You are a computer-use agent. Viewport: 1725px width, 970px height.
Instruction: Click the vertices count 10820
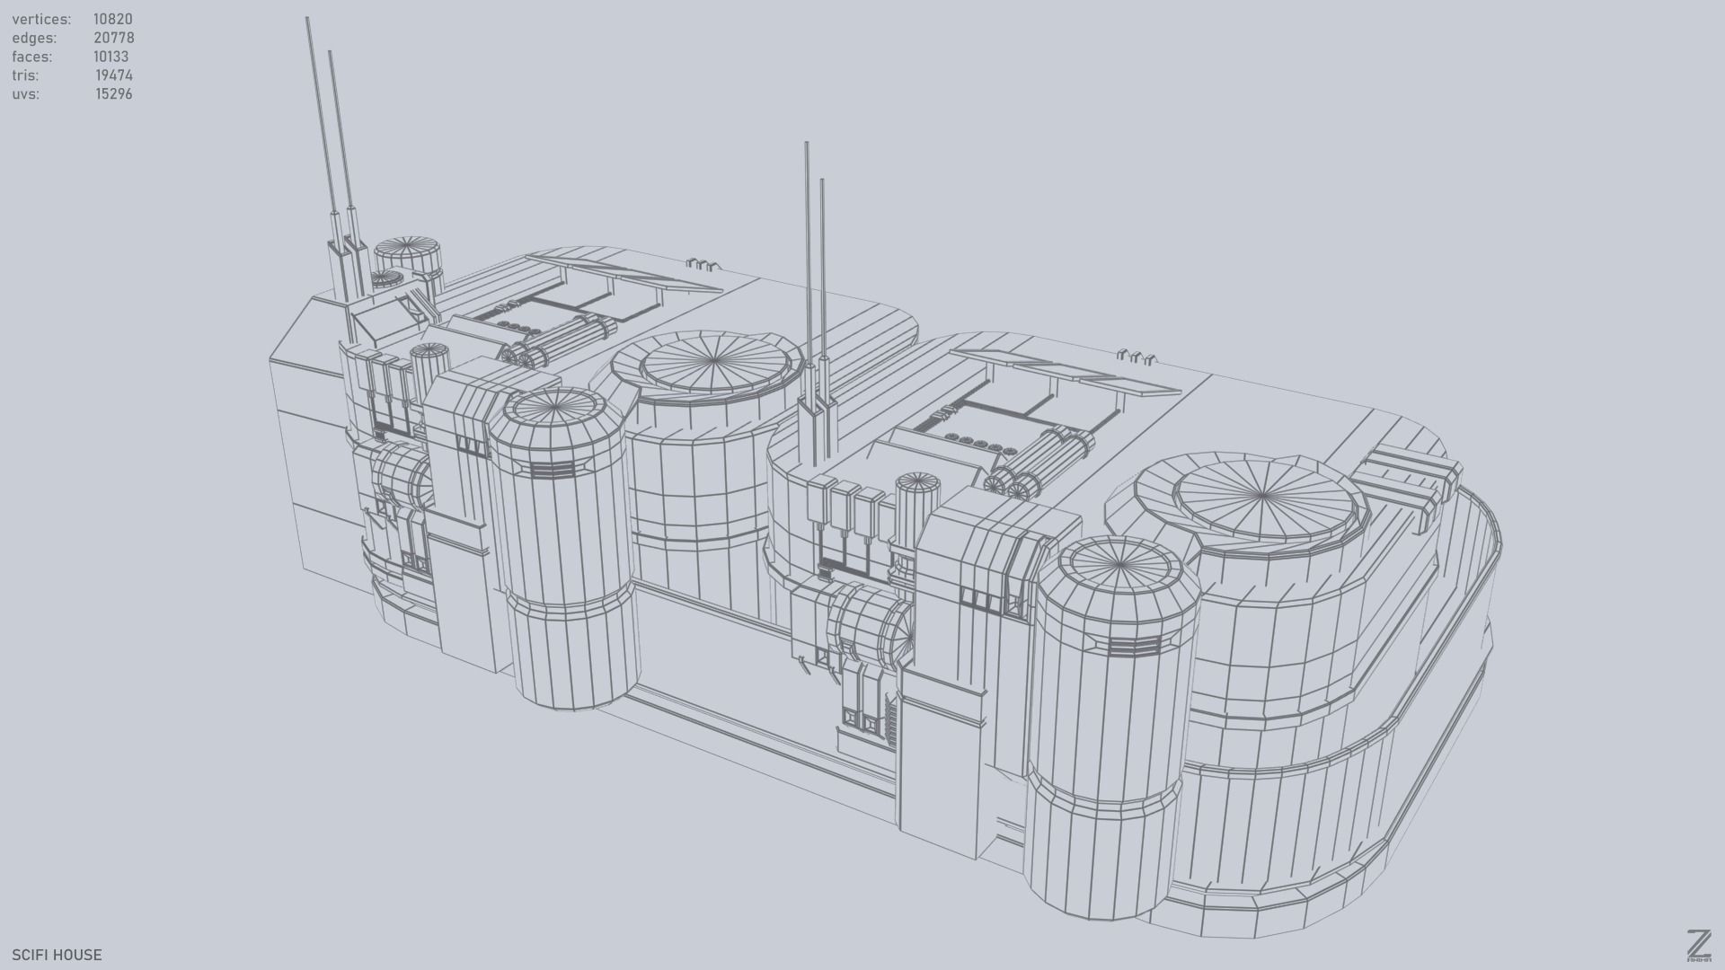[x=112, y=19]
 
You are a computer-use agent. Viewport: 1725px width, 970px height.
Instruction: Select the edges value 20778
[x=113, y=38]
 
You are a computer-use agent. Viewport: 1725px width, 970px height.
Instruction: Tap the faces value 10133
[x=111, y=57]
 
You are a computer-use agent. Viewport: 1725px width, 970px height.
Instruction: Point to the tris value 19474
[x=113, y=75]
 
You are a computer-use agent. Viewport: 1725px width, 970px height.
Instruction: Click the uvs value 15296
[x=113, y=94]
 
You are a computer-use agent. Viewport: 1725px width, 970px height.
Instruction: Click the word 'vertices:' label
[x=41, y=19]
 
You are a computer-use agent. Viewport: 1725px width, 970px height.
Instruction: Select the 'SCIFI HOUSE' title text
[x=57, y=955]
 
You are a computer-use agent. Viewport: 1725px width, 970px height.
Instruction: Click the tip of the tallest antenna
[x=307, y=20]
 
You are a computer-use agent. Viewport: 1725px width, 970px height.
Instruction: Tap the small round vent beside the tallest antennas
[x=408, y=249]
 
